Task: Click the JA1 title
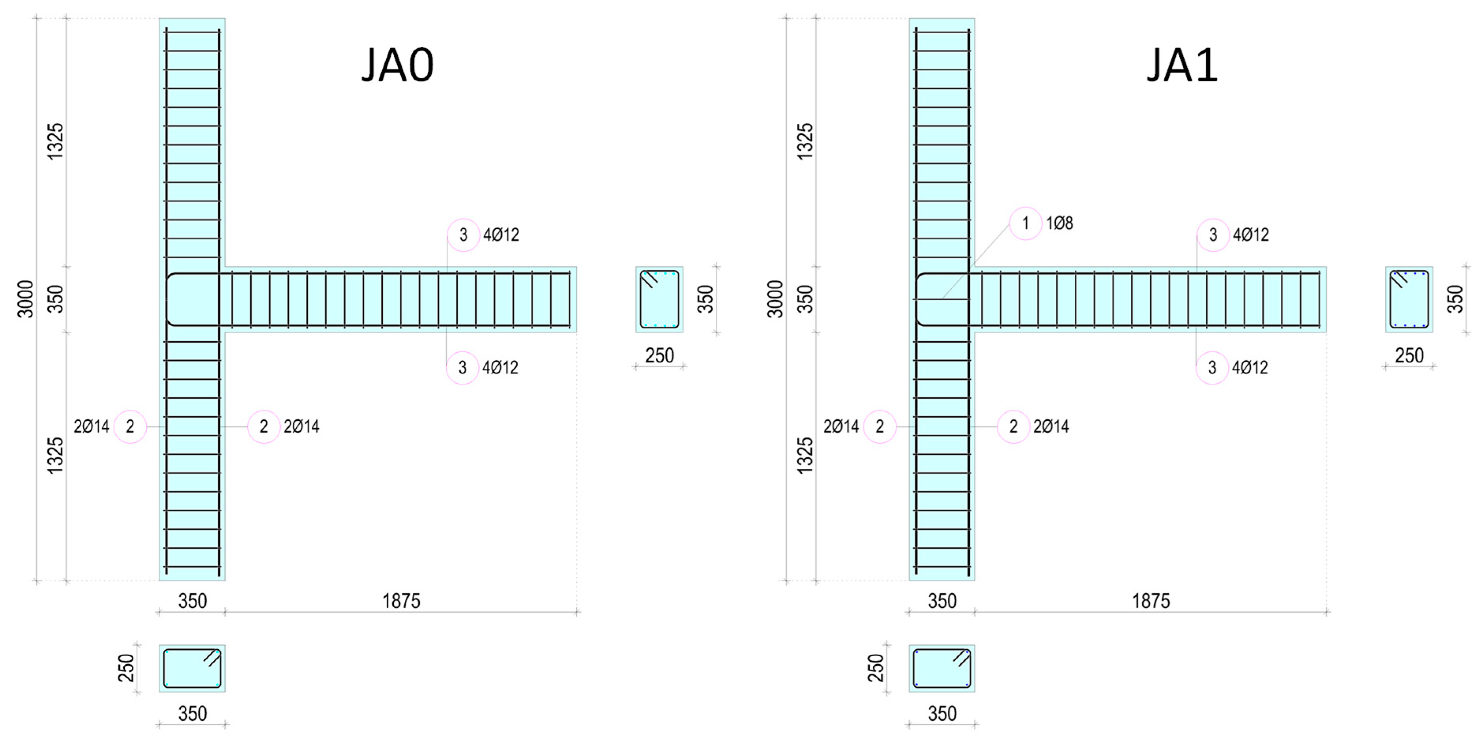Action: click(1182, 65)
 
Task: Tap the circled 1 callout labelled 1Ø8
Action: click(1025, 223)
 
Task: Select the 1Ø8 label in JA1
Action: click(1059, 223)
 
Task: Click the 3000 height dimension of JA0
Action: click(25, 299)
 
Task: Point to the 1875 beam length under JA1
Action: click(1151, 601)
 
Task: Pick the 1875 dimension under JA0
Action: click(401, 601)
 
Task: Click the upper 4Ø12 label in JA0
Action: click(501, 235)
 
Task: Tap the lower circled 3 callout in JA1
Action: click(1212, 368)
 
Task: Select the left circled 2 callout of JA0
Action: click(131, 426)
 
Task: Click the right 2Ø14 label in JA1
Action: click(1051, 426)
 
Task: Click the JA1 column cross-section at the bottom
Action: click(942, 668)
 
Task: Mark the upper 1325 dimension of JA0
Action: click(55, 141)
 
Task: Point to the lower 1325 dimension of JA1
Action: click(805, 455)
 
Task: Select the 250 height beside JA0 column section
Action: click(126, 668)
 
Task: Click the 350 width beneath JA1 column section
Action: click(942, 713)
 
